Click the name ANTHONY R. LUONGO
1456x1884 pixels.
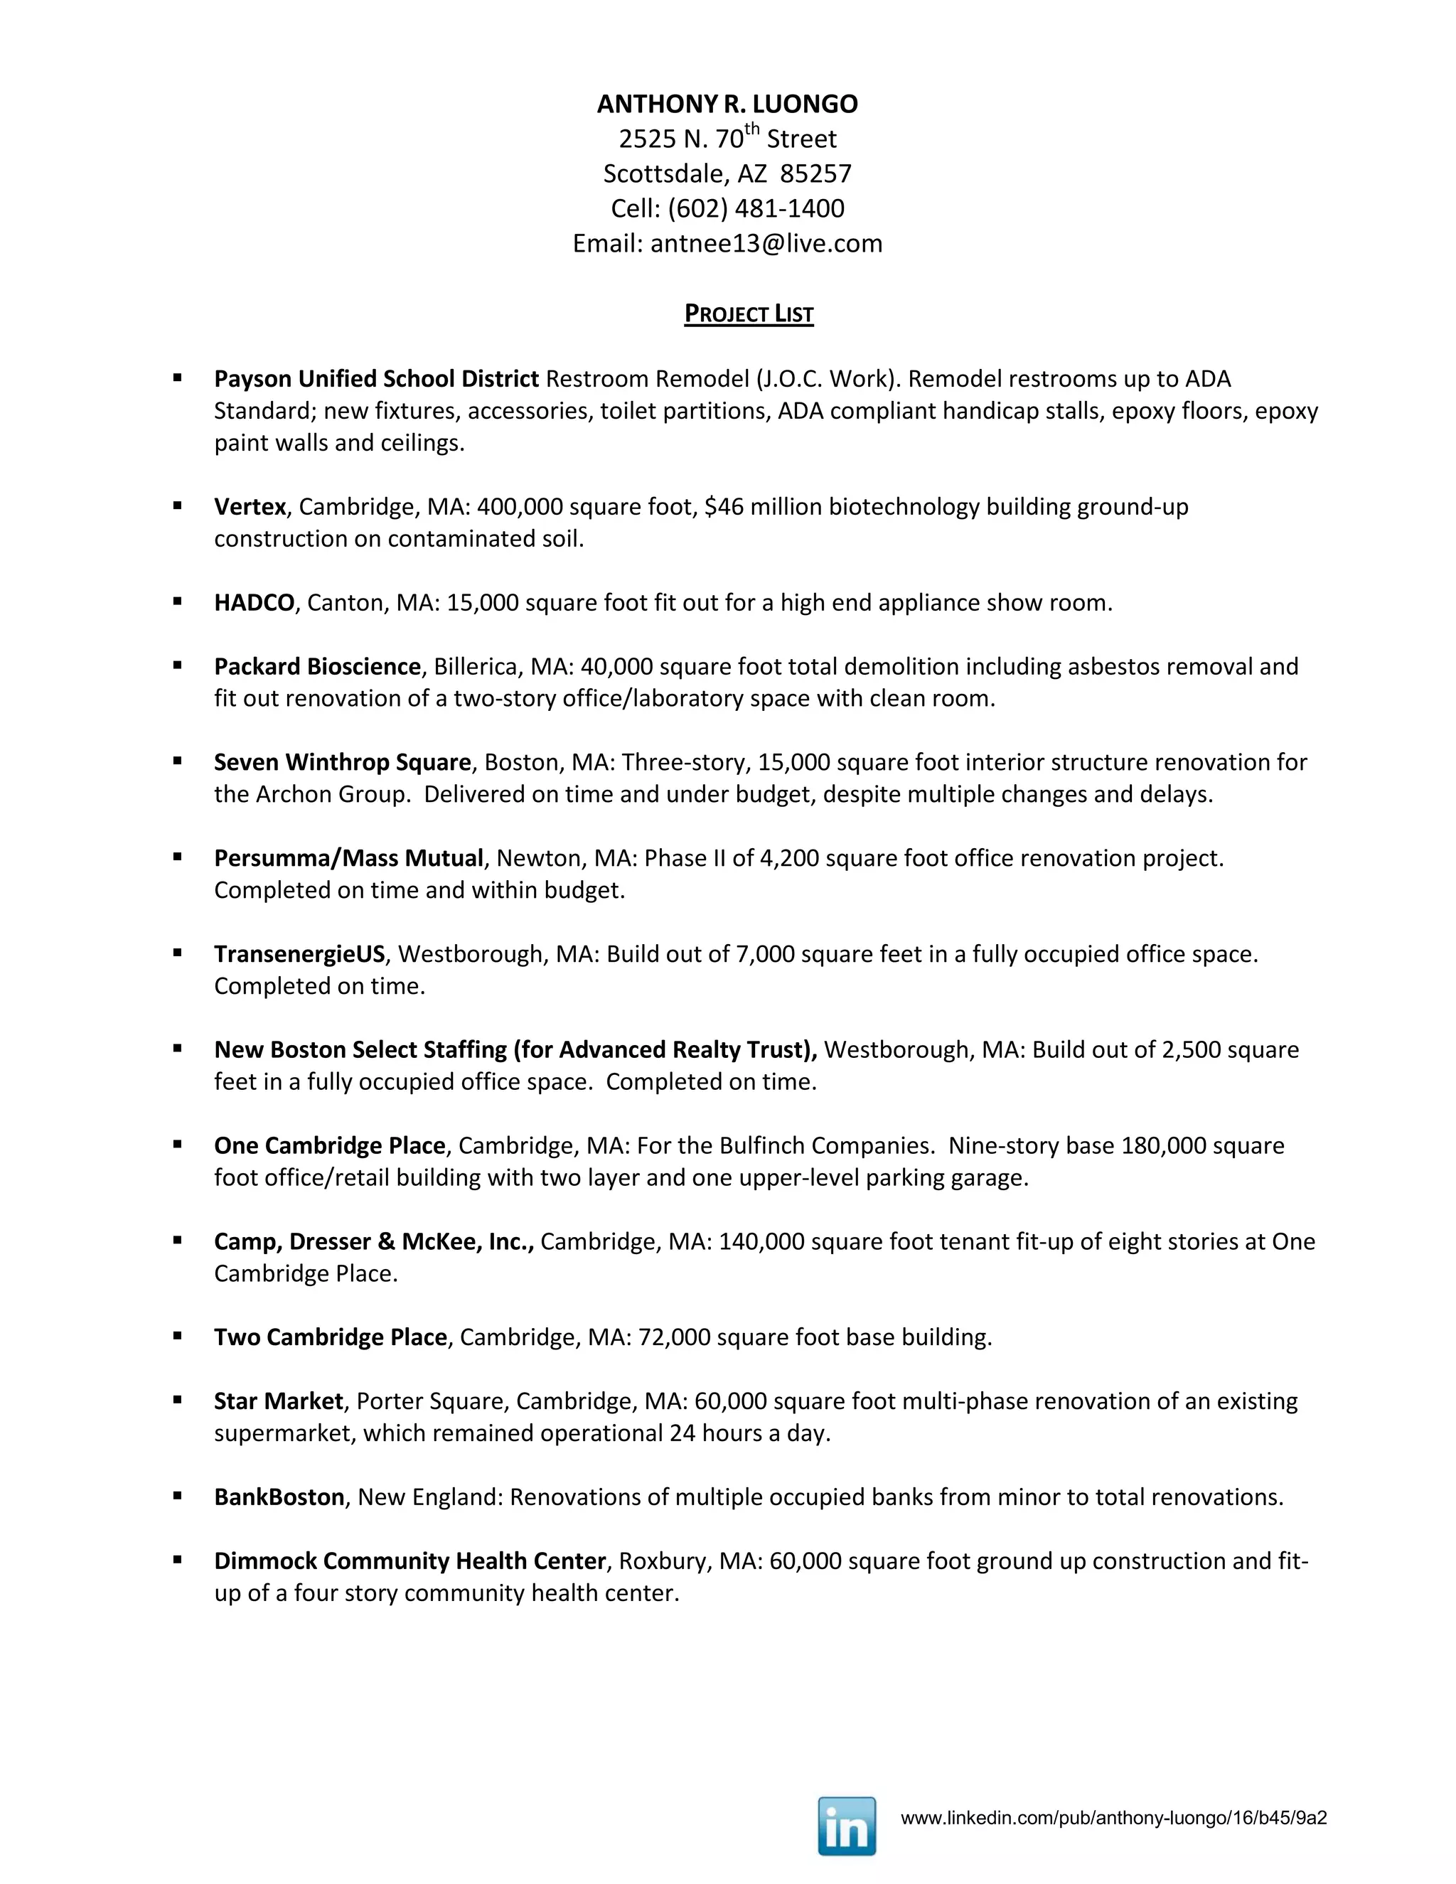[727, 105]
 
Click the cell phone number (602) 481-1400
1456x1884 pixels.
[756, 209]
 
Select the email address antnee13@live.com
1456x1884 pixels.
[766, 243]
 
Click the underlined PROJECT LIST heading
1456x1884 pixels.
[749, 314]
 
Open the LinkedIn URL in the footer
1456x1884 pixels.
[1113, 1819]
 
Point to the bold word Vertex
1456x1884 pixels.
[250, 506]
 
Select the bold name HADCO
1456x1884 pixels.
[255, 602]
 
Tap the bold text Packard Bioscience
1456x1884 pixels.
[317, 666]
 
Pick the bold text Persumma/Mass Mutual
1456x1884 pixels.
[348, 857]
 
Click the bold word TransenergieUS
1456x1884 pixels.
[299, 953]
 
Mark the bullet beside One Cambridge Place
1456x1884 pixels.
[178, 1144]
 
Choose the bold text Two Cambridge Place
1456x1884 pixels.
[331, 1337]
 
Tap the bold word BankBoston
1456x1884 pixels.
[279, 1496]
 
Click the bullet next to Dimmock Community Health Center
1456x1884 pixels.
[178, 1559]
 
